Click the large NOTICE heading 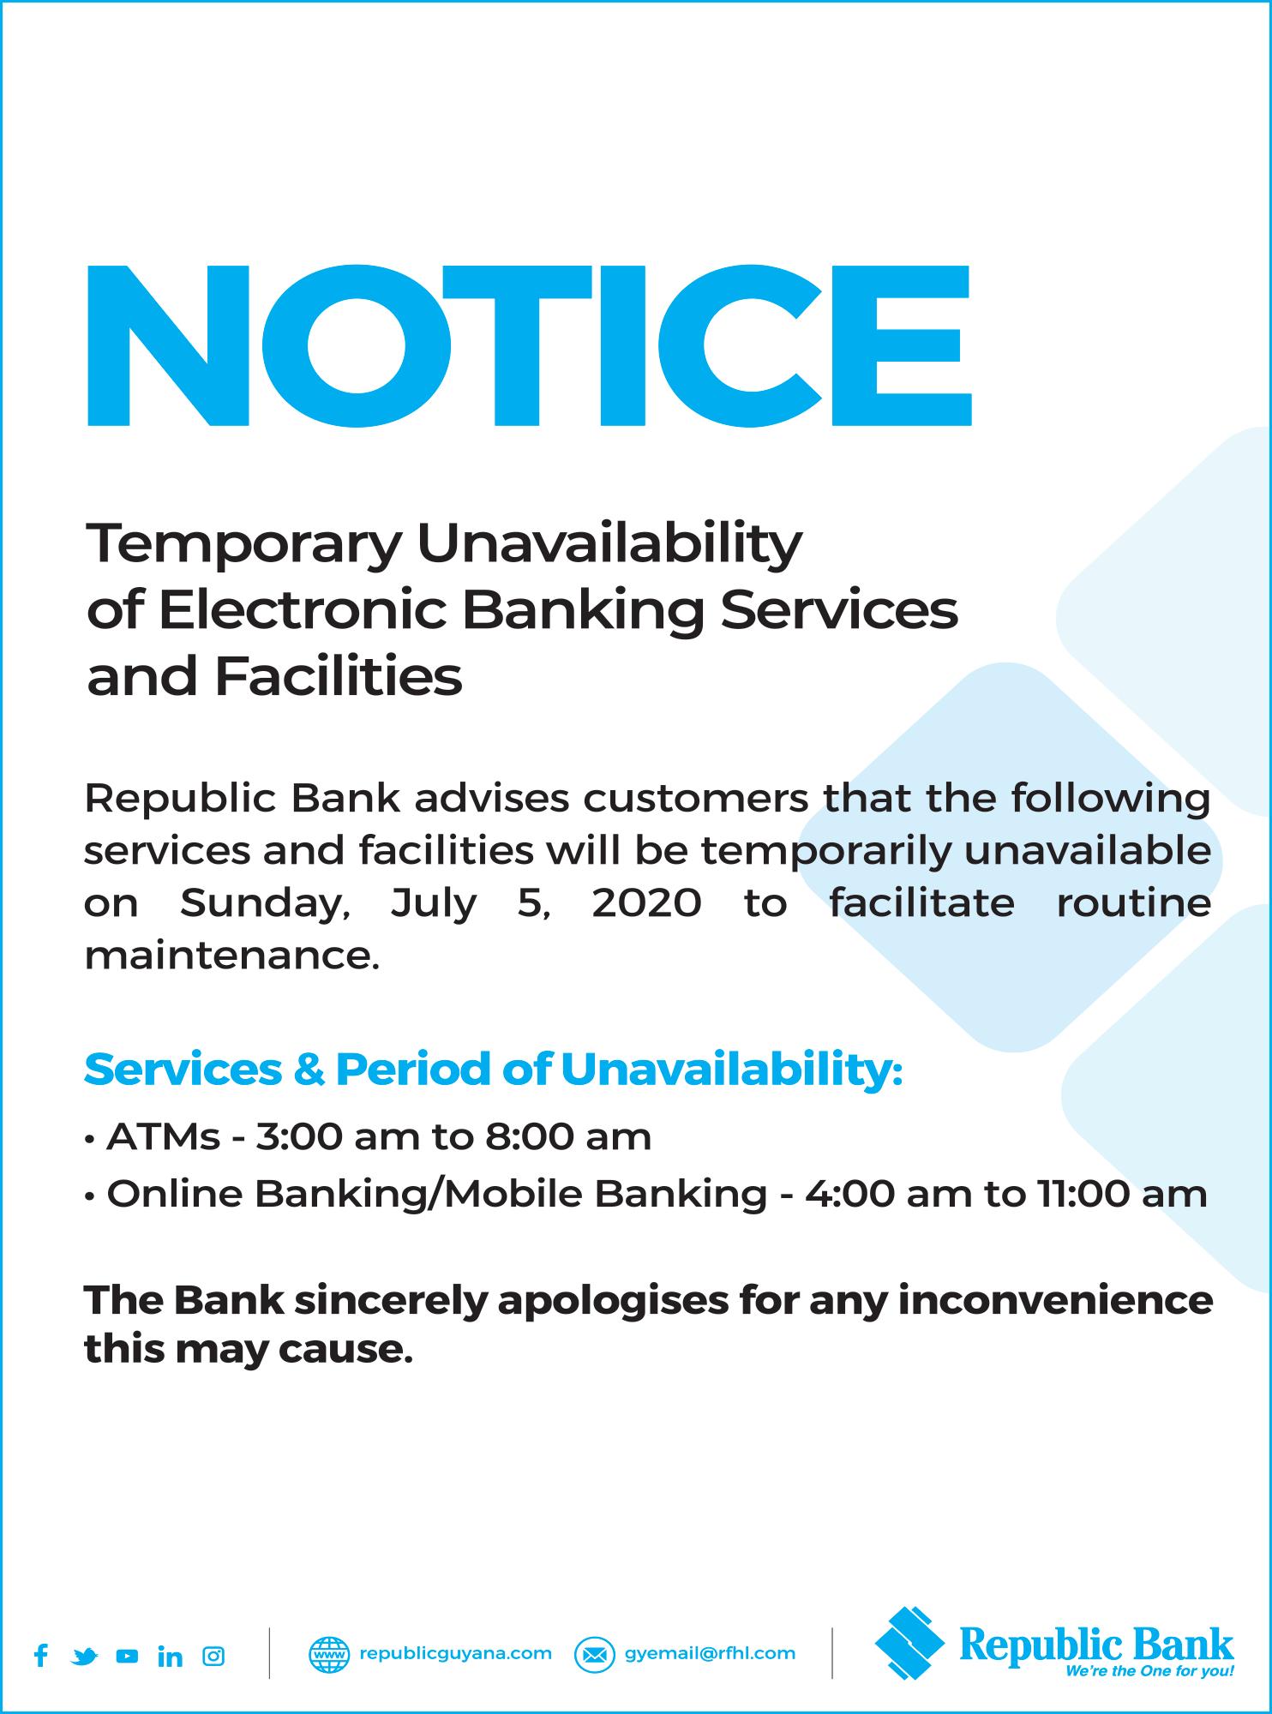(529, 345)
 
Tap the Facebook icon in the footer (40, 1655)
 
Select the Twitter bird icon (84, 1657)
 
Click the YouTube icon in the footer (127, 1657)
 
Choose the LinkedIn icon (170, 1656)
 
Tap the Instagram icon (213, 1656)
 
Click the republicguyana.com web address (455, 1653)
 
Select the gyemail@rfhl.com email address (710, 1653)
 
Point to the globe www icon (329, 1655)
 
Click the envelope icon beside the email (595, 1655)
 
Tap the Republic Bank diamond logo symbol (912, 1640)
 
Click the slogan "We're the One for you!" (1149, 1671)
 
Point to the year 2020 (646, 903)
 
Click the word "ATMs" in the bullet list (163, 1137)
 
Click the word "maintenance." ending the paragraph (231, 956)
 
